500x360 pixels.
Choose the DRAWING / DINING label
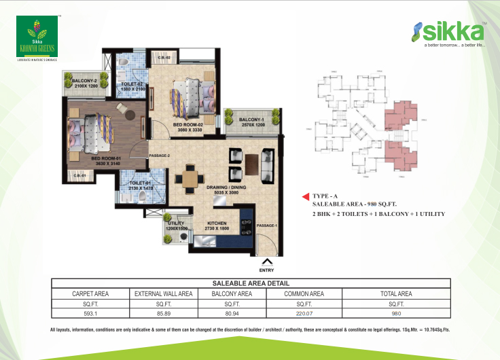coord(228,190)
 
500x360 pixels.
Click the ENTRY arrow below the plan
coord(267,261)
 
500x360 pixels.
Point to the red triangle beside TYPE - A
coord(306,197)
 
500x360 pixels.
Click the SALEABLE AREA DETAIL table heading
coord(251,283)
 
